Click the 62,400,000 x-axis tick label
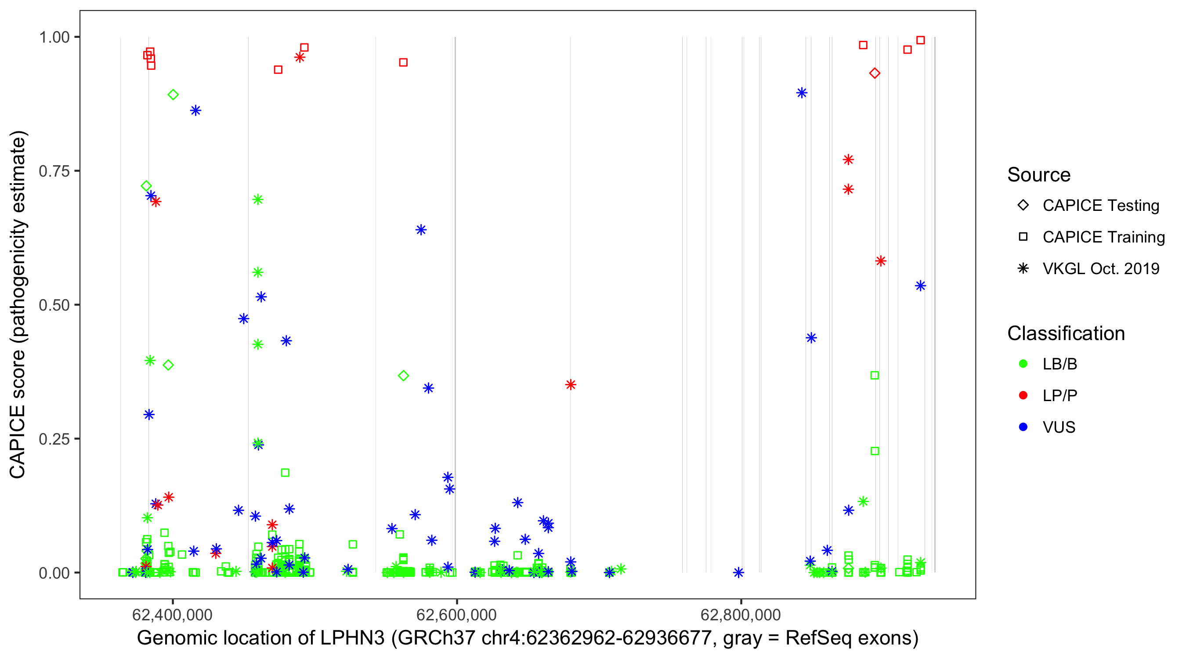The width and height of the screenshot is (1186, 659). click(x=172, y=614)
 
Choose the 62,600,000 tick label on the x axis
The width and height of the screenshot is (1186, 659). click(x=456, y=614)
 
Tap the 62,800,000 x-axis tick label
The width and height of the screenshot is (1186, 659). click(x=740, y=614)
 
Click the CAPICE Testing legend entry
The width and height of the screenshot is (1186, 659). click(x=1100, y=206)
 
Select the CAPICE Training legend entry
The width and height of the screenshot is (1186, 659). click(x=1103, y=237)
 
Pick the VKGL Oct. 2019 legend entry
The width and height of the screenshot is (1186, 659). click(x=1100, y=268)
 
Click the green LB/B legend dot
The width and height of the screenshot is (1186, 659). click(x=1023, y=364)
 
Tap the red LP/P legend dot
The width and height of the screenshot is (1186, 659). click(x=1023, y=395)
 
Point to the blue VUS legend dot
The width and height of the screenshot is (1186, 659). click(x=1023, y=427)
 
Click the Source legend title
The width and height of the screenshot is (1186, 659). click(x=1039, y=175)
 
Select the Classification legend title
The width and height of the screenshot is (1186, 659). click(x=1066, y=333)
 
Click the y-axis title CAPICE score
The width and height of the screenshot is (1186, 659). click(x=18, y=305)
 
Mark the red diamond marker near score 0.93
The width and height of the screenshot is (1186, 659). click(x=875, y=73)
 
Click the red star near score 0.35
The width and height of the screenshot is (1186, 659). click(x=571, y=384)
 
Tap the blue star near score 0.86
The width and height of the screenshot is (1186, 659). click(x=195, y=111)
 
